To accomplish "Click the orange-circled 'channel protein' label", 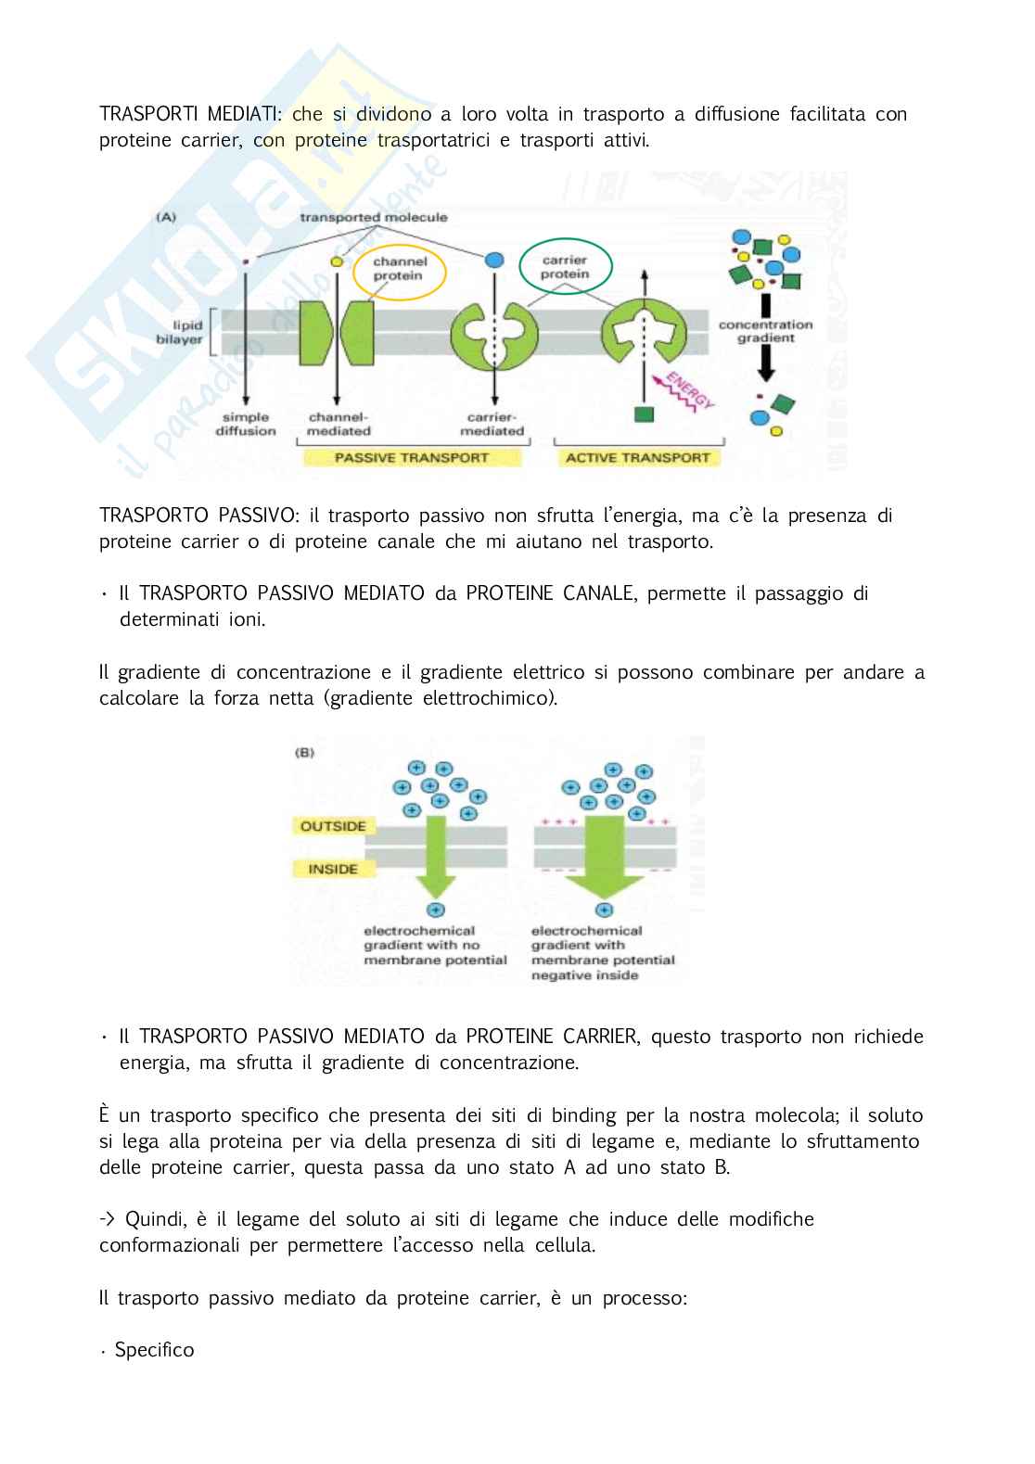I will tap(399, 268).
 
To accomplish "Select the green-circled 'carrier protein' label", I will tap(565, 267).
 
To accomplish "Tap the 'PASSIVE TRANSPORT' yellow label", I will tap(411, 457).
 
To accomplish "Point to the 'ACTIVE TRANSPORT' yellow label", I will tap(637, 457).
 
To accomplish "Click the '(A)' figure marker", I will tap(166, 217).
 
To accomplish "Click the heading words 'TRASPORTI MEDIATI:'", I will tap(190, 114).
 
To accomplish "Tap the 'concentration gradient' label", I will tap(765, 331).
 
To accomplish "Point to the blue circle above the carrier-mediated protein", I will tap(494, 261).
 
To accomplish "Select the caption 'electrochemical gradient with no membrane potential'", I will tap(435, 945).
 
